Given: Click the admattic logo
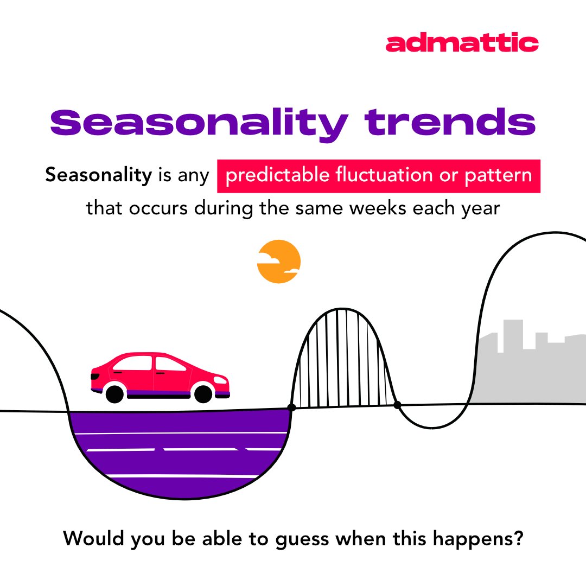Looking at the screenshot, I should pyautogui.click(x=462, y=43).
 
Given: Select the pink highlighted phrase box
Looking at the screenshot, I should pyautogui.click(x=379, y=176).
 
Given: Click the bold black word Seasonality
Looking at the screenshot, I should pyautogui.click(x=98, y=176).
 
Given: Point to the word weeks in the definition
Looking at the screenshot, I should pyautogui.click(x=387, y=208).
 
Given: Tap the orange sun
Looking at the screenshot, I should pyautogui.click(x=278, y=262).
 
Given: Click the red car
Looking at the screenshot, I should pyautogui.click(x=160, y=374).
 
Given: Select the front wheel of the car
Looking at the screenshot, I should pyautogui.click(x=203, y=393).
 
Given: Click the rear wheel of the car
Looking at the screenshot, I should pyautogui.click(x=115, y=393).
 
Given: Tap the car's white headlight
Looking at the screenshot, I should pyautogui.click(x=220, y=380).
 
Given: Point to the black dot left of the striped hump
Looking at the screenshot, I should pyautogui.click(x=291, y=407).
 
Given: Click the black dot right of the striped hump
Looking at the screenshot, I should pyautogui.click(x=397, y=405).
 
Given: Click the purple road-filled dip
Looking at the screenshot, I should pyautogui.click(x=179, y=450).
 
